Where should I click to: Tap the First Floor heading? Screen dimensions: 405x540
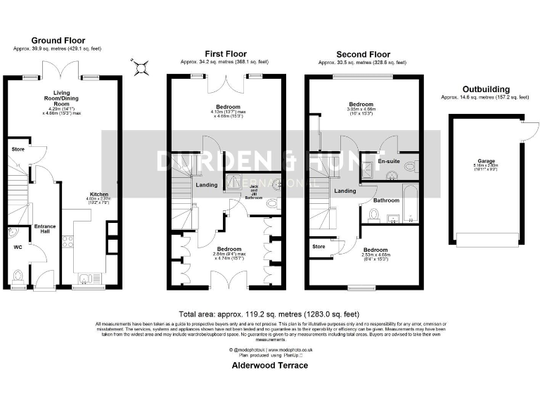[x=225, y=53]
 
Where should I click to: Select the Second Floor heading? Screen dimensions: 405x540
[x=363, y=54]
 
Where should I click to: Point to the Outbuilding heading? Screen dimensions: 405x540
[x=486, y=89]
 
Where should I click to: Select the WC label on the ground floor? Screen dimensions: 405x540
[x=18, y=247]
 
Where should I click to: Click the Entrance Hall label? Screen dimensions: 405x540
[x=45, y=229]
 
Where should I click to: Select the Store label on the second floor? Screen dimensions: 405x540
[x=319, y=246]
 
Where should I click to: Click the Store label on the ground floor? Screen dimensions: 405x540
[x=18, y=149]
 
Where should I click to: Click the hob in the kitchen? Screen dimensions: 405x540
[x=68, y=243]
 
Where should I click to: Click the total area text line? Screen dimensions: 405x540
[x=269, y=314]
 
